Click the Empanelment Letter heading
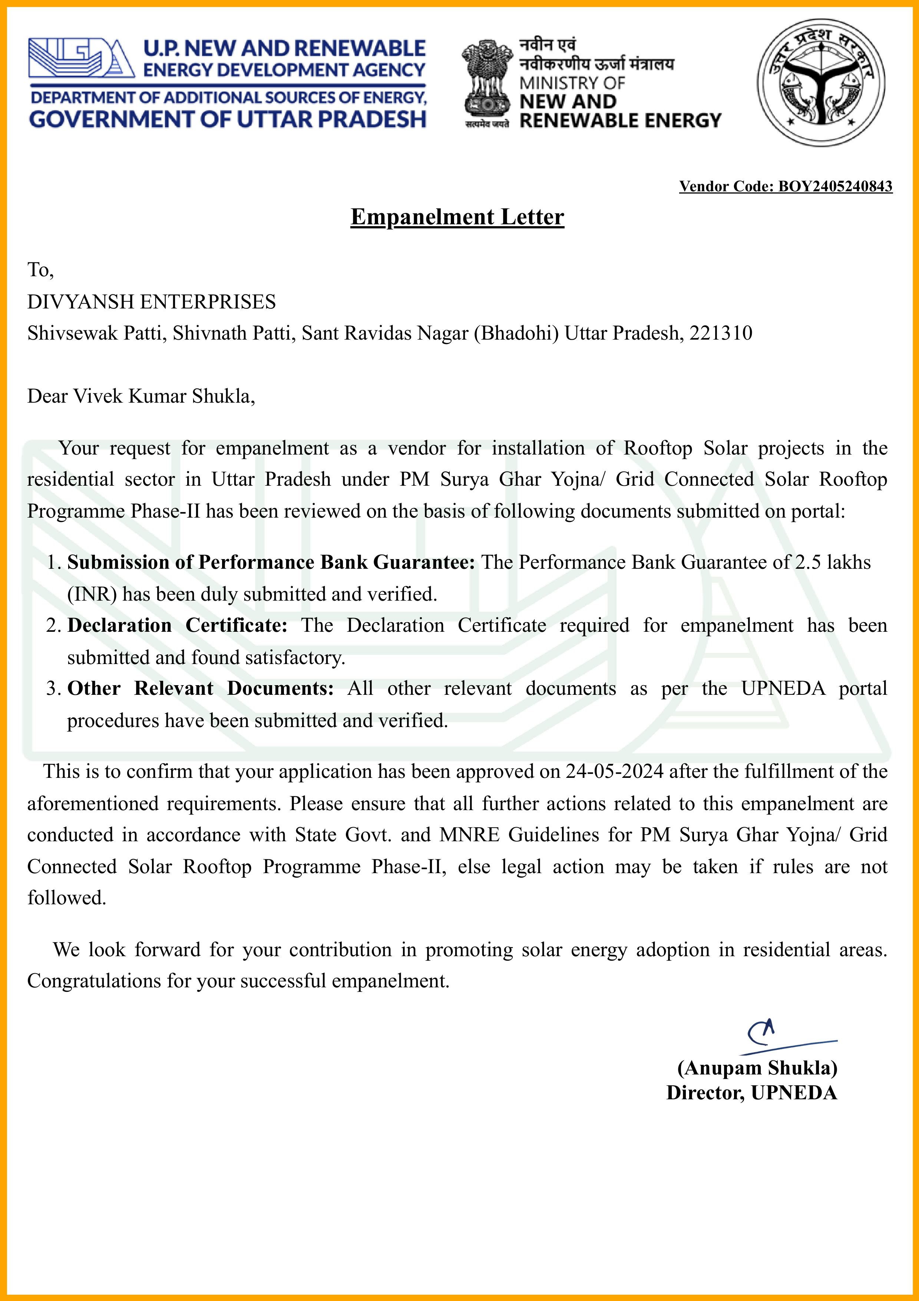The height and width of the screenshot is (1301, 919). click(x=457, y=217)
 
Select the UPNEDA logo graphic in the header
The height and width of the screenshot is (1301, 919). click(x=81, y=58)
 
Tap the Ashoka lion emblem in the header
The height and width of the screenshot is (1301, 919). click(x=486, y=79)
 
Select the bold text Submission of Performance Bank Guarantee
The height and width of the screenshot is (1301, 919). click(x=270, y=562)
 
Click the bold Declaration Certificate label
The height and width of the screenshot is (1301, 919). click(x=177, y=625)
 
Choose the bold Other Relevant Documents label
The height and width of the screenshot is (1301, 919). click(x=200, y=689)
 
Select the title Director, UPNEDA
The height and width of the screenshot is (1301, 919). click(x=751, y=1093)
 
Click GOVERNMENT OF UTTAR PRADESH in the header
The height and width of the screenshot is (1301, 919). click(x=227, y=119)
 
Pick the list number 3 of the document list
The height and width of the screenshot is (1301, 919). click(x=53, y=689)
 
